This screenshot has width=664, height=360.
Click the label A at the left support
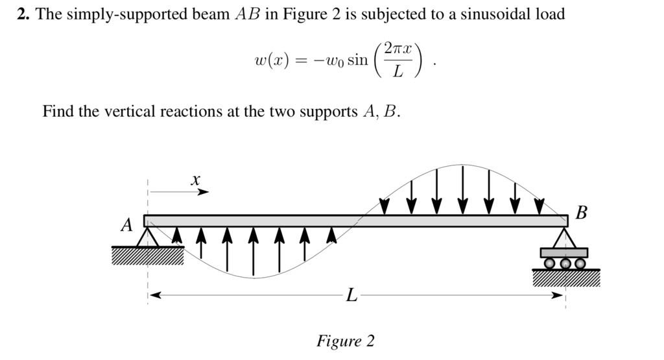click(x=127, y=226)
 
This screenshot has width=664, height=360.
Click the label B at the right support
click(x=582, y=212)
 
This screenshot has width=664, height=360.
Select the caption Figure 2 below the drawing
click(x=345, y=341)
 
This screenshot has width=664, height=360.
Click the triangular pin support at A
click(x=147, y=237)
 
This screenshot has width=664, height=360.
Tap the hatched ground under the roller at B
click(x=565, y=278)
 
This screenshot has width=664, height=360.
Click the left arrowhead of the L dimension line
click(x=152, y=296)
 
